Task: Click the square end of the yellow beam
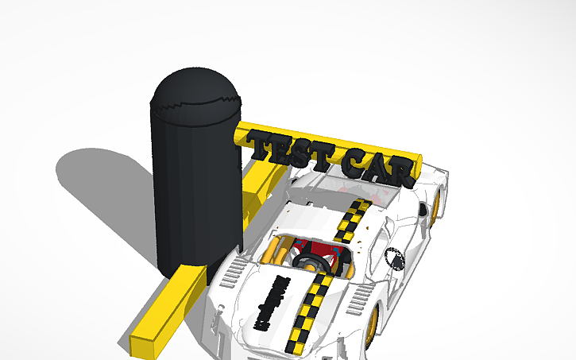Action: tap(142, 344)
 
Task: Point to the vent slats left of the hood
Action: tap(230, 274)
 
